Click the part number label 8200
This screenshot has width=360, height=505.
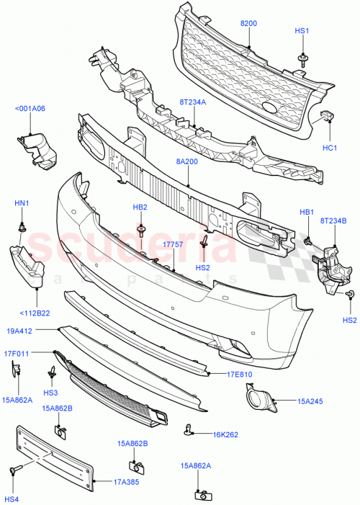pos(248,24)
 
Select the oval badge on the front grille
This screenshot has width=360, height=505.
pos(270,108)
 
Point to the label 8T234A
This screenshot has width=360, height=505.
pos(193,102)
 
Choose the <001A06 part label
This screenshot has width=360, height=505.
pos(30,109)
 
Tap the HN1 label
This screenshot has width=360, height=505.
pos(22,204)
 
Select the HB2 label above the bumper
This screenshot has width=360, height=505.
pos(140,207)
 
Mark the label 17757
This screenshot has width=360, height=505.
pos(174,246)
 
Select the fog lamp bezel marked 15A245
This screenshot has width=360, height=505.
pos(258,401)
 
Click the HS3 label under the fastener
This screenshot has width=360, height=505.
pos(50,393)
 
